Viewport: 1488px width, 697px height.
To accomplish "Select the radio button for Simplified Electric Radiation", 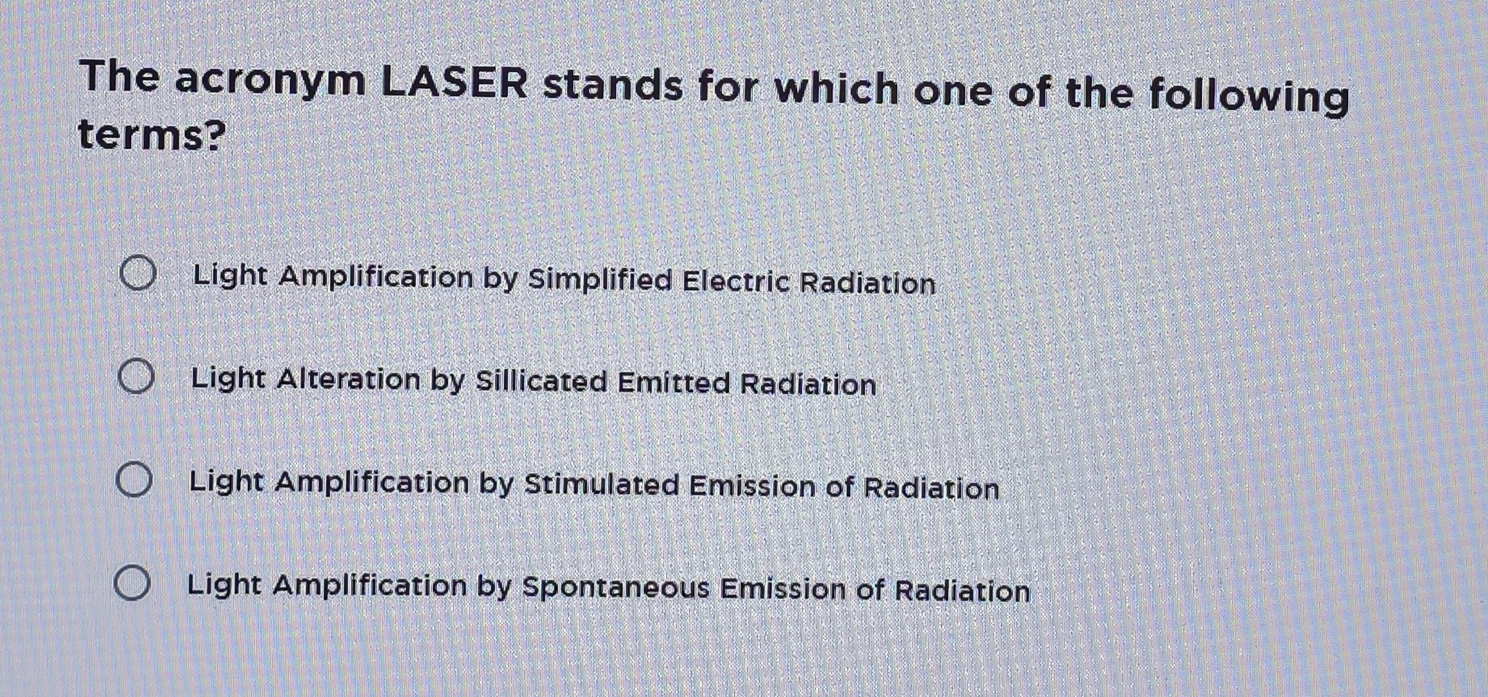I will tap(138, 273).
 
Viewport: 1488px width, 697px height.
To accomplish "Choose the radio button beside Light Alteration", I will tap(136, 376).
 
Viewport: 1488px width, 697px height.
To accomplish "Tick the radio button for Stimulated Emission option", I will tap(134, 479).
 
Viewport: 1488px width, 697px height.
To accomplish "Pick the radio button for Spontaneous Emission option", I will tap(132, 583).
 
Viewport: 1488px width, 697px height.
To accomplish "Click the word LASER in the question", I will tap(454, 83).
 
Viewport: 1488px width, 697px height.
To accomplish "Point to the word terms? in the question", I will tap(151, 135).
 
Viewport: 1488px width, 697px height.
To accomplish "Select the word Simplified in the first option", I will tap(599, 280).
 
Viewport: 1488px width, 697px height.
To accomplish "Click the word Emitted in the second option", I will tap(673, 383).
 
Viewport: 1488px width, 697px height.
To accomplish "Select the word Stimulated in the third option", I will tap(601, 485).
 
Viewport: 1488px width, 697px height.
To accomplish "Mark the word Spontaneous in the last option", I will tap(615, 587).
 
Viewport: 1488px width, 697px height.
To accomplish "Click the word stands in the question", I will tap(612, 86).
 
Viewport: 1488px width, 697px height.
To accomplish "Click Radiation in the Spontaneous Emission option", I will tap(962, 591).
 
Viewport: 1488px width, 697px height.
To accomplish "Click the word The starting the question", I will tap(119, 76).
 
